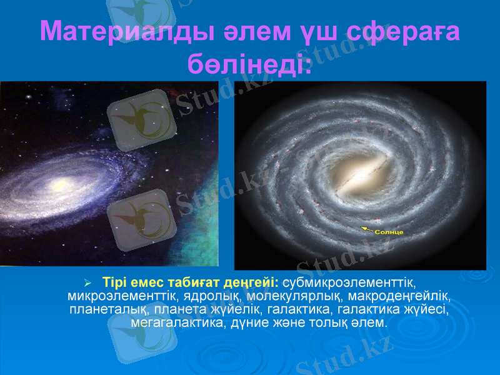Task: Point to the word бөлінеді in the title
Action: coord(249,62)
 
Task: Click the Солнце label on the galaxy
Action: coord(389,232)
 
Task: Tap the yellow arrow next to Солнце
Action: coord(367,229)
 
